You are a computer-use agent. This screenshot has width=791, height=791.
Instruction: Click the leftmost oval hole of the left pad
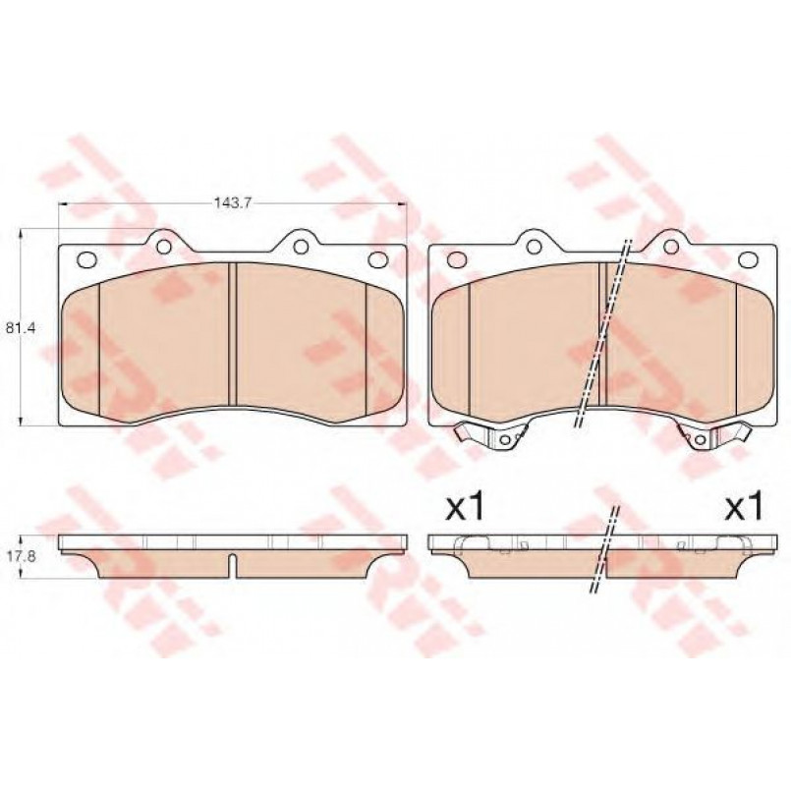pos(87,259)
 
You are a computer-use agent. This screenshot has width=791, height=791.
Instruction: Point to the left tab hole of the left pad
pos(164,247)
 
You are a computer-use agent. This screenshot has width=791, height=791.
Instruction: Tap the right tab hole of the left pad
pos(301,247)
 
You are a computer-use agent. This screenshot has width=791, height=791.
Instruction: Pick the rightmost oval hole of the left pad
pos(377,259)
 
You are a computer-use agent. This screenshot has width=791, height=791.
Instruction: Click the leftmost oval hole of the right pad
pos(457,259)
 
